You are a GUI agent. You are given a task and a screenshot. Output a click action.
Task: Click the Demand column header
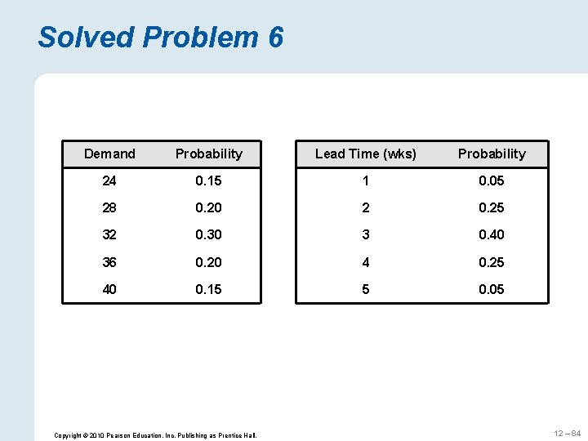(x=109, y=154)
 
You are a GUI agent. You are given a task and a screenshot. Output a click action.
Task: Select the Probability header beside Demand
(x=209, y=154)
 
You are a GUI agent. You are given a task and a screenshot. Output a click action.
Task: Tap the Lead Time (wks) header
(x=365, y=154)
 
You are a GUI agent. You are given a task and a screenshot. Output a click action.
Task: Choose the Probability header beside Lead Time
(x=492, y=154)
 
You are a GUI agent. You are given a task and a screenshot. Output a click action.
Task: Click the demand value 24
(x=109, y=180)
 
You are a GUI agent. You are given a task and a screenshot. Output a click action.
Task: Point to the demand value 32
(x=109, y=234)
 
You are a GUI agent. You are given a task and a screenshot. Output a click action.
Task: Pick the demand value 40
(x=109, y=289)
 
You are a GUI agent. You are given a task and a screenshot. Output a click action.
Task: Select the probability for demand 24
(x=209, y=180)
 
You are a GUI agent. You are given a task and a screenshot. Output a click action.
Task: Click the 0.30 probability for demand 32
(x=209, y=234)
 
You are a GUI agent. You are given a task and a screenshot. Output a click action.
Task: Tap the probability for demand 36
(x=209, y=262)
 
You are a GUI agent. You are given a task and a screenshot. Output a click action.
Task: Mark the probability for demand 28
(x=209, y=207)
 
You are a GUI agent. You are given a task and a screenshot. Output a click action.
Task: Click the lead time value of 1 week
(x=365, y=180)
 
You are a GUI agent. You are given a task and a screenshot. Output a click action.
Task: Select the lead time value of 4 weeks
(x=365, y=262)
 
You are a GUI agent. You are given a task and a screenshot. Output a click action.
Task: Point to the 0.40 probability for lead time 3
(x=492, y=234)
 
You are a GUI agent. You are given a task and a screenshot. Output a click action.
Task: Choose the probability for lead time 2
(x=492, y=207)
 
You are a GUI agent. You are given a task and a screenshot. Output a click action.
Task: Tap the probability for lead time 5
(x=492, y=289)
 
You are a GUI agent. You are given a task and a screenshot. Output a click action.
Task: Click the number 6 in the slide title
(x=274, y=37)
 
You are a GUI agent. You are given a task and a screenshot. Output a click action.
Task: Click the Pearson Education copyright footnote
(x=155, y=435)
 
